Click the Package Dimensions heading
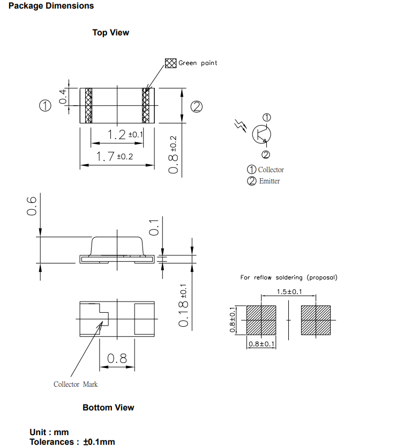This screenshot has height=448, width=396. (51, 6)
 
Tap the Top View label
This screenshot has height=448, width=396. (110, 33)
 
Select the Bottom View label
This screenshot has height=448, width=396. (108, 408)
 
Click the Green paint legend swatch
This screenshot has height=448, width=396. (170, 63)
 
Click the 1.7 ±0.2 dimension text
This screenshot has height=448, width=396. (114, 157)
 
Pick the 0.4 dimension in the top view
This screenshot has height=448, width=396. (63, 97)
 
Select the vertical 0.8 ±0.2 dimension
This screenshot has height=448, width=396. (173, 154)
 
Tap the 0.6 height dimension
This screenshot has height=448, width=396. (32, 206)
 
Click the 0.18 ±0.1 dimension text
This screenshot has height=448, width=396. (183, 305)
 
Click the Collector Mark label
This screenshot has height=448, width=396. (76, 384)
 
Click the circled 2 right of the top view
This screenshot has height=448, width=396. (196, 106)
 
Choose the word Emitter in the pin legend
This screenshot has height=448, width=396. (270, 181)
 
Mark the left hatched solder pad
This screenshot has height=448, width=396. (261, 320)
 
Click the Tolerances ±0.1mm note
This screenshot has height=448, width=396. (72, 442)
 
